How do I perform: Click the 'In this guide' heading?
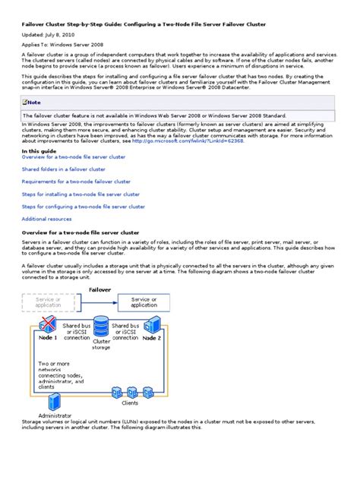[x=38, y=151]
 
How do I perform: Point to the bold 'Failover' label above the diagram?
[x=101, y=289]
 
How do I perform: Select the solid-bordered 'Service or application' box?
[x=144, y=302]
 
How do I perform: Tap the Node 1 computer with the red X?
[x=47, y=324]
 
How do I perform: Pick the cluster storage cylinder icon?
[x=102, y=328]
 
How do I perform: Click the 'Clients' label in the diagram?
[x=131, y=403]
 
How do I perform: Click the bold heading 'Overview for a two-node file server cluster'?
[x=81, y=232]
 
